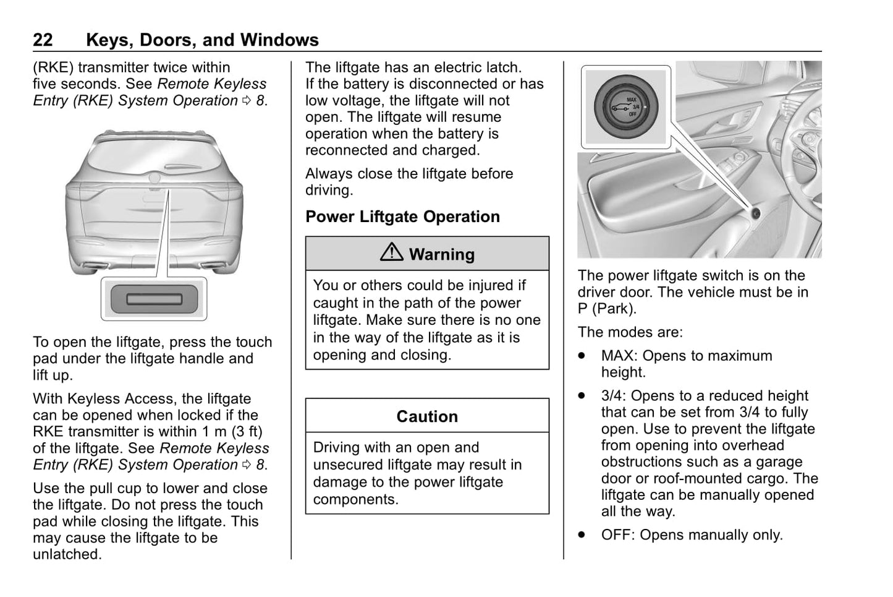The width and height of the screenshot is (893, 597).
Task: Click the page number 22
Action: pos(43,40)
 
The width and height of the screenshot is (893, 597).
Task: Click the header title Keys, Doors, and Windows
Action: pos(202,40)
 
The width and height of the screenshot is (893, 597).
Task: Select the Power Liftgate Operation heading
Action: pos(402,217)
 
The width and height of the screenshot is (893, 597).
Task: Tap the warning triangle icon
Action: pos(392,252)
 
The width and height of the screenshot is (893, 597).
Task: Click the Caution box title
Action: pos(427,416)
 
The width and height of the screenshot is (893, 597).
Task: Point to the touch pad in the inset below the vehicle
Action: pos(154,299)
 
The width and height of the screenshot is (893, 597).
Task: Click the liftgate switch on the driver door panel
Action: pos(755,213)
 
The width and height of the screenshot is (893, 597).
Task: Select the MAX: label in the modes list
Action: pos(620,356)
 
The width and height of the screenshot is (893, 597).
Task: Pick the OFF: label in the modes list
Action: pos(618,535)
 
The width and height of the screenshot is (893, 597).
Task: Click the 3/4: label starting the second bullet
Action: pos(614,396)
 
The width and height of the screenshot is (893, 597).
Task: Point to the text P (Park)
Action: pos(606,309)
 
